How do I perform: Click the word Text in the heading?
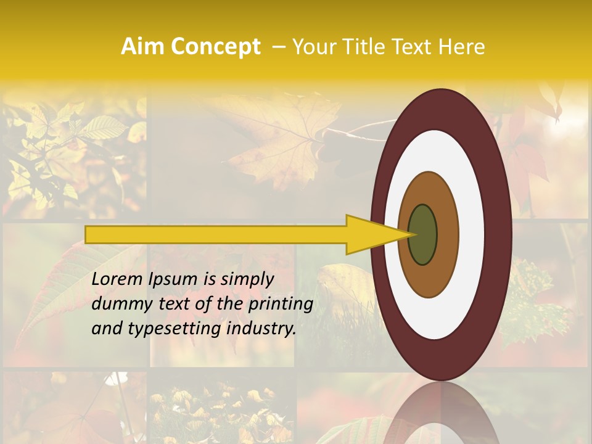tap(413, 47)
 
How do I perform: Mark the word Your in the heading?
tap(312, 47)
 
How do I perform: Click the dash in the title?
tap(278, 47)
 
